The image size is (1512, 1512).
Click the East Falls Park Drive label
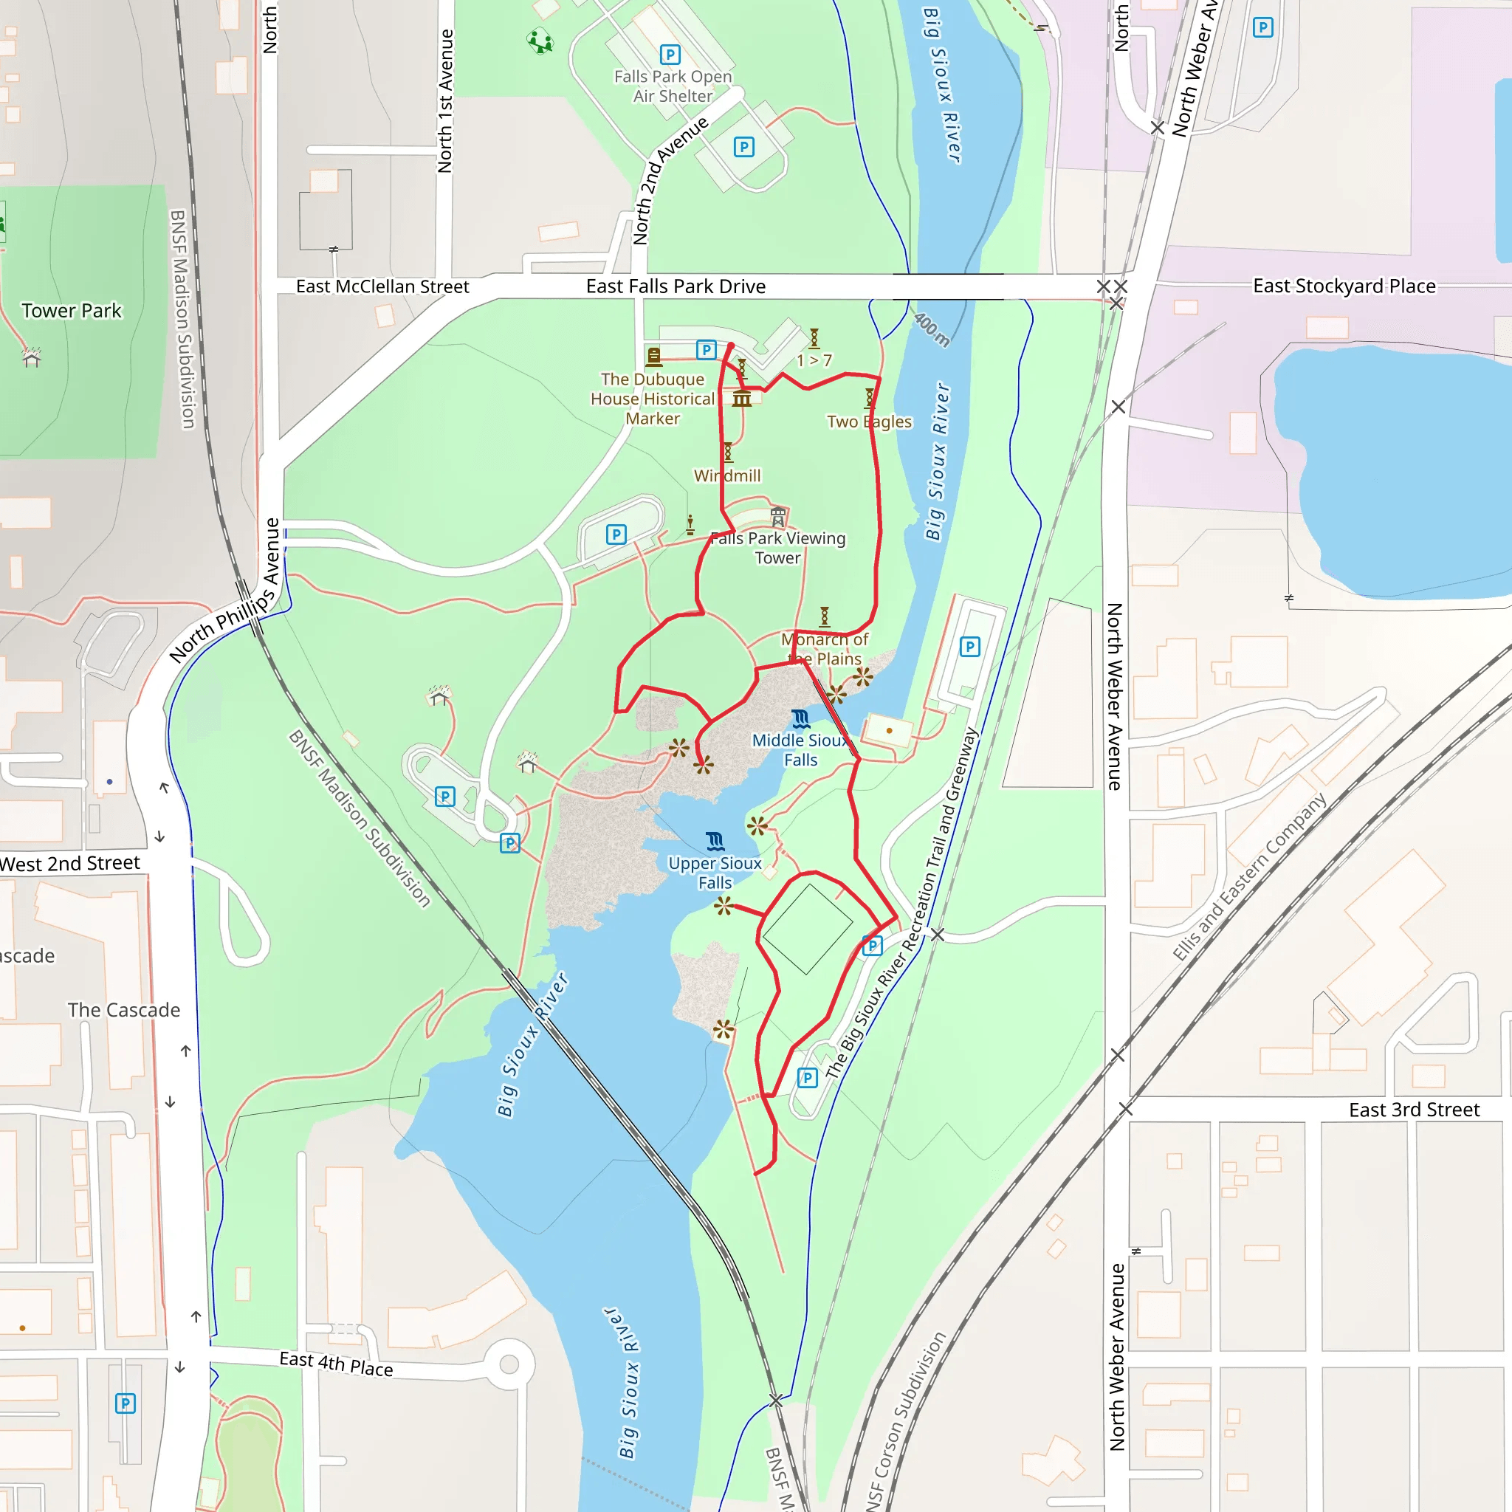676,286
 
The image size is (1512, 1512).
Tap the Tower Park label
71,311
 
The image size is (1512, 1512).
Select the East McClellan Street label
382,286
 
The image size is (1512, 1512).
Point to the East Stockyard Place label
1344,286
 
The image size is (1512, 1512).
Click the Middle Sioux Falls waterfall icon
800,718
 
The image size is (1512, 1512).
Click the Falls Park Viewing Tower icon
778,517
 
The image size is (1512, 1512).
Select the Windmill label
727,476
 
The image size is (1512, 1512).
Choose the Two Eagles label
869,422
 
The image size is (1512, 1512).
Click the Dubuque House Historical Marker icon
653,357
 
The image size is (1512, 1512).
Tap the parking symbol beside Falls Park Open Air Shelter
670,55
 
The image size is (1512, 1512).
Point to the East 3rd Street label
1413,1110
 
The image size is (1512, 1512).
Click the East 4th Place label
336,1364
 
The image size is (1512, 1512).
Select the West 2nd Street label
69,863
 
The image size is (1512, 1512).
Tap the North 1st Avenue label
445,101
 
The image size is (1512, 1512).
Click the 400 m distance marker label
931,329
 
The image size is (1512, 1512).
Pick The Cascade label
123,1011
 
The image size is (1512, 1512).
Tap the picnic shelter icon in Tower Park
31,357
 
